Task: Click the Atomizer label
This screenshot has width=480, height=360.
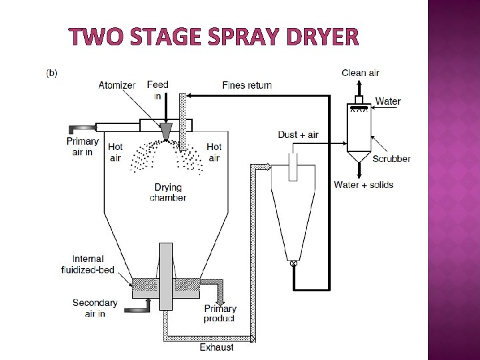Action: [x=117, y=85]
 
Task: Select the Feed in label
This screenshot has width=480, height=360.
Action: [x=158, y=90]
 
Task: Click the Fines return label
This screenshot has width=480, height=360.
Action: [x=247, y=85]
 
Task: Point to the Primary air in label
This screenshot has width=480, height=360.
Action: [x=83, y=147]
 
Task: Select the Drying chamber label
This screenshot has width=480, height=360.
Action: [x=167, y=193]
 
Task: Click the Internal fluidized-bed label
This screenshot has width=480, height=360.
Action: [x=93, y=264]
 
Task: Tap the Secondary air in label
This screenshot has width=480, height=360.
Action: [x=95, y=308]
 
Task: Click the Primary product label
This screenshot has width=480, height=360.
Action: [x=220, y=313]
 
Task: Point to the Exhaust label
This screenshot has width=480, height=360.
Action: [x=217, y=347]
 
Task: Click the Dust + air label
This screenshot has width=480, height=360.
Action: [x=298, y=135]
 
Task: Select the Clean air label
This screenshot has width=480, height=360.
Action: [x=360, y=73]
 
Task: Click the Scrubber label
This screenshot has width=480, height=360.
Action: [x=391, y=159]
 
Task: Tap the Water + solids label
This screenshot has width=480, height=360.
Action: [x=363, y=185]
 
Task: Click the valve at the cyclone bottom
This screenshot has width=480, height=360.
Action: [x=293, y=264]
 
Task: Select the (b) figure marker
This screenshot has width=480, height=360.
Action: [x=51, y=72]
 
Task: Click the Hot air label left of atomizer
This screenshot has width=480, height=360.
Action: [x=115, y=153]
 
